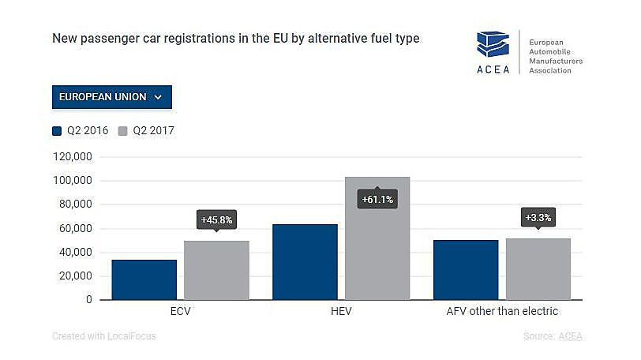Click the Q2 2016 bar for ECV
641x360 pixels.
point(144,279)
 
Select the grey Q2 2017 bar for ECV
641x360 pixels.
point(216,270)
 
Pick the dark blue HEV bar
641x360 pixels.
point(305,262)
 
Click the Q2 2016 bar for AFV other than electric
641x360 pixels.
point(466,270)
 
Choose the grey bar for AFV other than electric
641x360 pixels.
point(538,268)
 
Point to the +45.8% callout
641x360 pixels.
point(217,219)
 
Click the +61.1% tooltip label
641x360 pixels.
point(377,200)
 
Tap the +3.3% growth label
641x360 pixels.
point(538,216)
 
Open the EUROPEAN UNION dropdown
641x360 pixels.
point(111,97)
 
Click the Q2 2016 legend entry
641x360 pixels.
point(81,131)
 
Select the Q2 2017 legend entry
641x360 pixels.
point(147,131)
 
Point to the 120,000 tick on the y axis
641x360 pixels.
point(73,157)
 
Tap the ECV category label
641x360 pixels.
point(180,311)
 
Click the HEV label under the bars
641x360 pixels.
point(341,311)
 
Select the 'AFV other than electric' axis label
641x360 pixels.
point(501,311)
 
